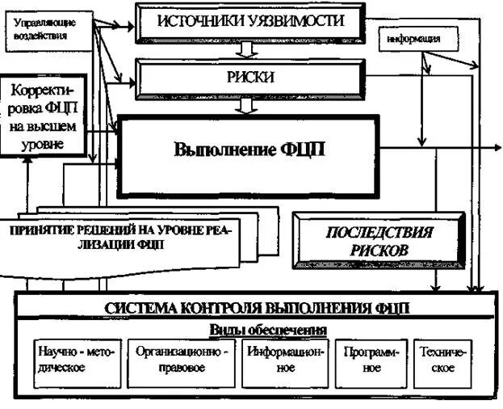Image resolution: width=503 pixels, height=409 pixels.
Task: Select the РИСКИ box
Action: (249, 78)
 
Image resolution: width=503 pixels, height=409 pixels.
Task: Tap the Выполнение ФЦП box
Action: (249, 152)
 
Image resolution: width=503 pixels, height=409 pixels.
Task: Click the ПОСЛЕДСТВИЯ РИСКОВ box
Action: (379, 241)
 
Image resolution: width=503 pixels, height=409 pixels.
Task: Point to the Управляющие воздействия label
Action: (41, 30)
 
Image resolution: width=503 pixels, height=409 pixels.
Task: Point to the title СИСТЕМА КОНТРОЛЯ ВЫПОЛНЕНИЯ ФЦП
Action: (258, 308)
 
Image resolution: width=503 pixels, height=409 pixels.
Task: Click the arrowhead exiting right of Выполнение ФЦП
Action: (496, 148)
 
